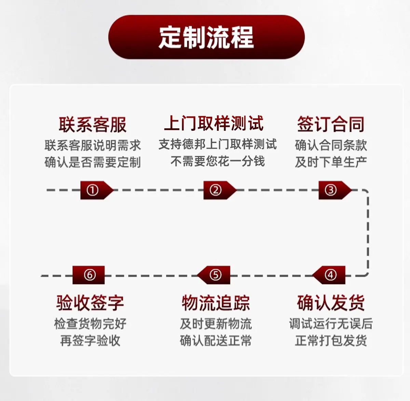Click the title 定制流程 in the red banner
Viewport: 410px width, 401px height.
click(x=206, y=38)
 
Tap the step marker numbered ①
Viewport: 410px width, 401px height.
click(x=97, y=190)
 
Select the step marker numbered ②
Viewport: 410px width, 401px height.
click(x=220, y=190)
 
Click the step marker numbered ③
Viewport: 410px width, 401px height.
click(x=335, y=190)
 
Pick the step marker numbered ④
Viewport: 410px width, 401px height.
click(x=329, y=275)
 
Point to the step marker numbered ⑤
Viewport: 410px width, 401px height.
click(x=214, y=275)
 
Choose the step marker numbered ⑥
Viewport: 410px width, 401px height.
click(x=88, y=275)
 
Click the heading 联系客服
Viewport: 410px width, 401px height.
click(x=93, y=125)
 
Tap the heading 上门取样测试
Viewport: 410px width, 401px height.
click(x=214, y=123)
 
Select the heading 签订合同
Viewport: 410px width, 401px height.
click(x=331, y=124)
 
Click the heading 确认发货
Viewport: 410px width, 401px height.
click(x=331, y=303)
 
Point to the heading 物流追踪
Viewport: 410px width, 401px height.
click(x=216, y=303)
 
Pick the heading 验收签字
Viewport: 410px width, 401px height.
click(x=90, y=303)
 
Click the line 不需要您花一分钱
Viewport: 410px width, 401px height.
click(x=218, y=161)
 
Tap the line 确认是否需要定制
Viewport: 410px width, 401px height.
click(x=93, y=162)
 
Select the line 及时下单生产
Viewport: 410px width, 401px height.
click(x=331, y=162)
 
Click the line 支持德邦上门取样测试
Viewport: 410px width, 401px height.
click(x=218, y=144)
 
